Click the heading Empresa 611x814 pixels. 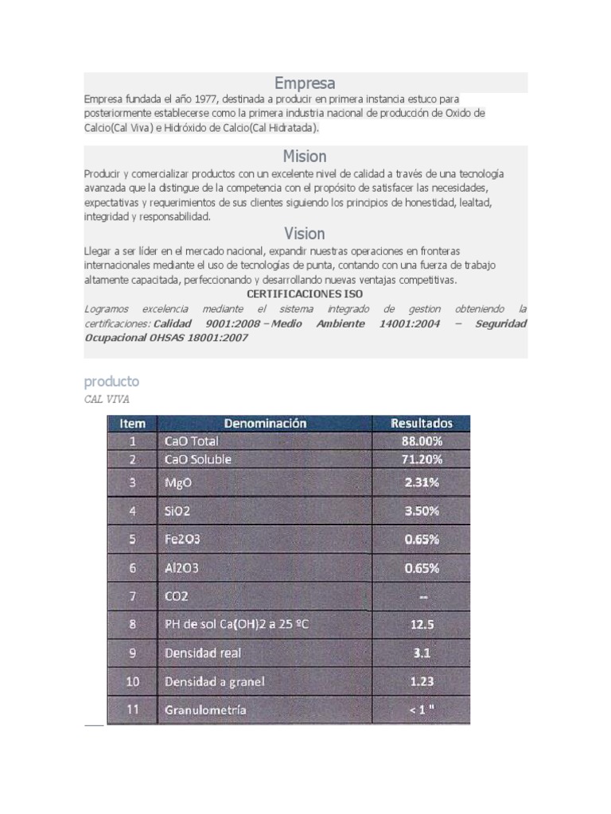tap(305, 83)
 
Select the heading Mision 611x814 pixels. tap(305, 156)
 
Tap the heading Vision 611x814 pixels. tap(305, 234)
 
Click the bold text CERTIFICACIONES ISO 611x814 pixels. tap(305, 294)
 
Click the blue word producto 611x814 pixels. tap(111, 382)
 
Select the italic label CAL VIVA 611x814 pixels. tap(107, 399)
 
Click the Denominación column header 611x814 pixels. tap(265, 424)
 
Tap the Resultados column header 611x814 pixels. tap(422, 424)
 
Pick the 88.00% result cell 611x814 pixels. tap(422, 441)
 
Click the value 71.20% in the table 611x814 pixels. tap(422, 459)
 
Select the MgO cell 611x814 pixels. tap(177, 483)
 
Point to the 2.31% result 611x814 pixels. tap(422, 483)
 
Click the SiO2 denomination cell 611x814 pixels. tap(177, 511)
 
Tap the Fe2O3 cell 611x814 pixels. tap(182, 540)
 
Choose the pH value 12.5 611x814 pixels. tap(422, 625)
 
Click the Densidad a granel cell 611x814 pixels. tap(214, 681)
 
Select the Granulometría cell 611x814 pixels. tap(205, 710)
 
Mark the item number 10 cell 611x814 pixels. tap(132, 681)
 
